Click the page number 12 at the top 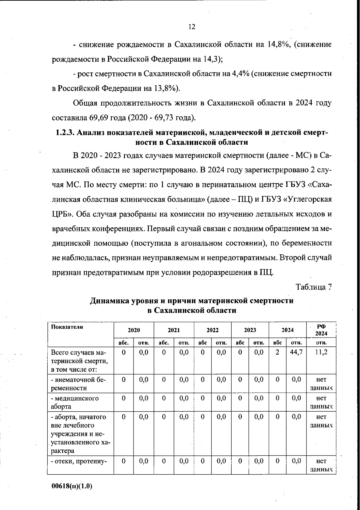192,27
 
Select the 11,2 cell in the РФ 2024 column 321,352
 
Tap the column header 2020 134,330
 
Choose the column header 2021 174,330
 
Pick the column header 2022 212,330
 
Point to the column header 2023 250,330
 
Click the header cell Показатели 67,327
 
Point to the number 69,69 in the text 100,117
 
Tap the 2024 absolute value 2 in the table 277,352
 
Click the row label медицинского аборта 75,402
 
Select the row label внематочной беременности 78,384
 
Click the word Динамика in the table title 110,301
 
